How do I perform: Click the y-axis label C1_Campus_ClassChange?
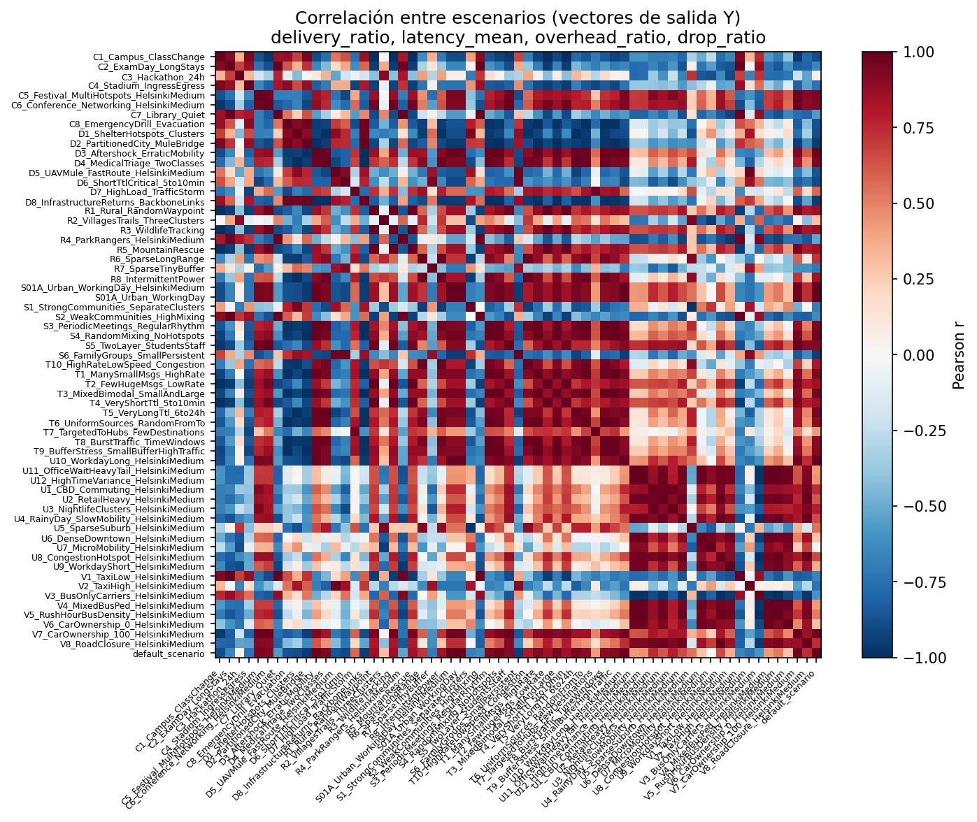148,57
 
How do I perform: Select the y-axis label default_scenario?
172,654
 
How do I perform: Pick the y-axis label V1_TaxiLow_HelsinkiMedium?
143,577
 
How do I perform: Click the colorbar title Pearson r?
959,355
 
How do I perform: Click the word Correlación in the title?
336,17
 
